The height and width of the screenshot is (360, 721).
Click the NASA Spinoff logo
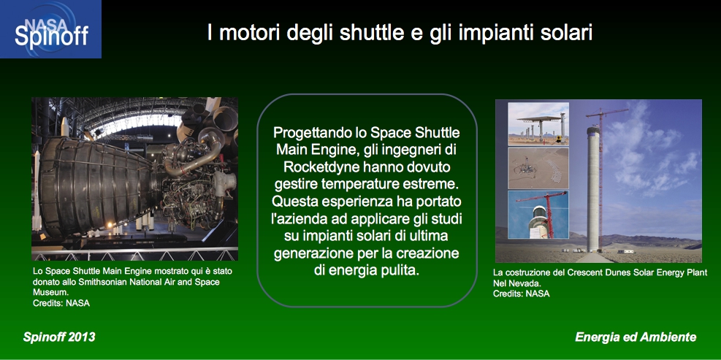(x=50, y=29)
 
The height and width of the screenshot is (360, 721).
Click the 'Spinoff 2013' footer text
(x=59, y=337)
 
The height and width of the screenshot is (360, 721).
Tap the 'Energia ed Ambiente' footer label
(x=636, y=337)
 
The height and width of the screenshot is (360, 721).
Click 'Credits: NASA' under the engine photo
(x=61, y=303)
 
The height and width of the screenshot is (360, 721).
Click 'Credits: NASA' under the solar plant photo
(x=522, y=294)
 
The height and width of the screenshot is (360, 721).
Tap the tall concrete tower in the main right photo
(x=593, y=188)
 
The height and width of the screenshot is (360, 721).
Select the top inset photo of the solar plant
(x=538, y=123)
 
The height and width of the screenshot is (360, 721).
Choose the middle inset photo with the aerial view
(x=538, y=168)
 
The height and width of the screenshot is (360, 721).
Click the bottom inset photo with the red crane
(x=538, y=214)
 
